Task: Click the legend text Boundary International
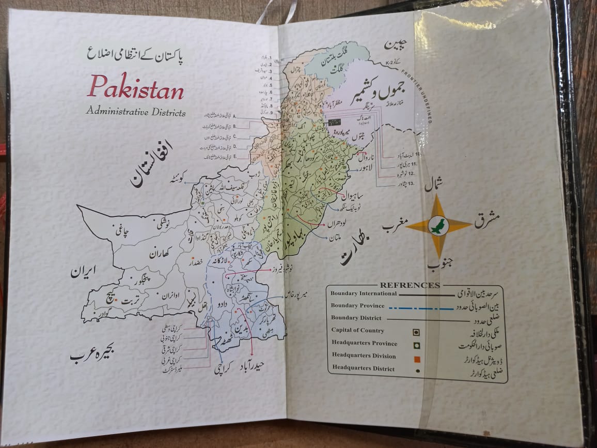click(x=364, y=293)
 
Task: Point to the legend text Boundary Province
click(x=357, y=305)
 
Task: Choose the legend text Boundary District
click(x=356, y=318)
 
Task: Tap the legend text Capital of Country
click(x=358, y=330)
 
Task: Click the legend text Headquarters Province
click(x=364, y=343)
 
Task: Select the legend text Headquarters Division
click(x=364, y=356)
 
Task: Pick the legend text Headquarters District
click(x=363, y=368)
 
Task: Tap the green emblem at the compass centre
click(x=439, y=226)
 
